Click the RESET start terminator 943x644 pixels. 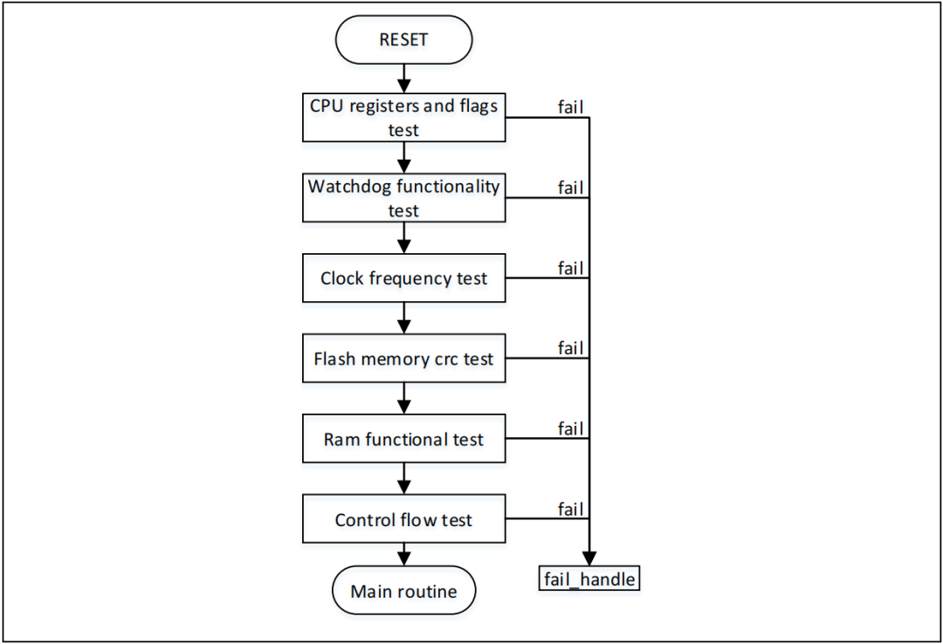point(403,39)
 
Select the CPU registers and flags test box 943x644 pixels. point(403,118)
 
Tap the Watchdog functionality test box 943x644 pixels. point(403,198)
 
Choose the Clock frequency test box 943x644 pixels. point(403,278)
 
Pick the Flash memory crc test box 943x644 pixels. point(403,359)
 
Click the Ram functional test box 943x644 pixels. point(403,439)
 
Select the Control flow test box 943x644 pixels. point(403,519)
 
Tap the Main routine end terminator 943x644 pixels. point(403,592)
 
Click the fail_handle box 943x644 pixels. point(589,578)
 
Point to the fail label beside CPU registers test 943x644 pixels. point(571,107)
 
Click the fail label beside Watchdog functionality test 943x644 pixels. point(571,188)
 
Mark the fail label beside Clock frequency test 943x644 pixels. point(571,268)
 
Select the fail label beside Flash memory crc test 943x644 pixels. point(571,348)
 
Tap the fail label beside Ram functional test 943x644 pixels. point(571,428)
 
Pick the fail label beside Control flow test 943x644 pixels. point(571,509)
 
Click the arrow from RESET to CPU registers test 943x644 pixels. point(403,79)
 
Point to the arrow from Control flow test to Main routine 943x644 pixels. point(403,554)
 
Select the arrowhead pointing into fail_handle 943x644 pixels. point(589,558)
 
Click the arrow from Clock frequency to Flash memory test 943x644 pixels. point(403,319)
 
